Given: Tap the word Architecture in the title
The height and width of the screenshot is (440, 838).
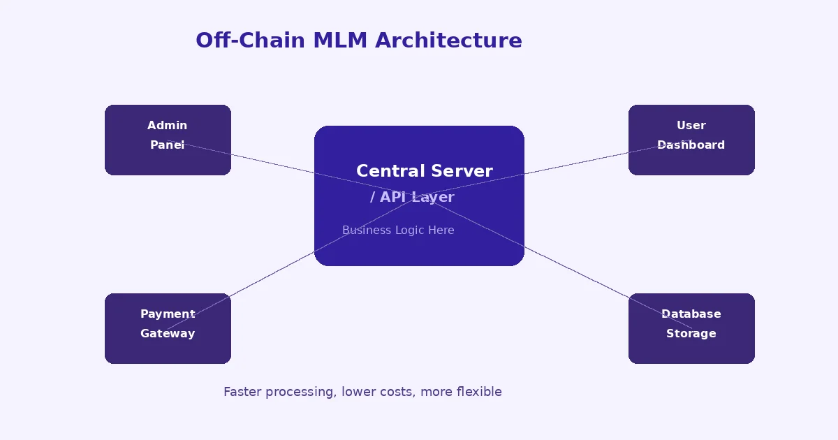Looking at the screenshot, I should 448,41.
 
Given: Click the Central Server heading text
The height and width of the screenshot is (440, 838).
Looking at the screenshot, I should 424,171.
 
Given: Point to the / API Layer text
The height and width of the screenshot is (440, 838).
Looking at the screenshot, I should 412,198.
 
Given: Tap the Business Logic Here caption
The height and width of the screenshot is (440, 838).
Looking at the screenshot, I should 398,230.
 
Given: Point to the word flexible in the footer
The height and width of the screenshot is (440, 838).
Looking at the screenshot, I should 479,392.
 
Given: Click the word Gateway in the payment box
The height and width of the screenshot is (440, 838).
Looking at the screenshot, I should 168,334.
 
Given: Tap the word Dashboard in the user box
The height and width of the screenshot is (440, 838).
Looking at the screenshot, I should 691,145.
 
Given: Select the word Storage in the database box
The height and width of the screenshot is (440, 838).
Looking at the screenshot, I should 691,334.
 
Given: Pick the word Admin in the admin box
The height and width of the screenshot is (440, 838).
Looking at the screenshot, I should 168,126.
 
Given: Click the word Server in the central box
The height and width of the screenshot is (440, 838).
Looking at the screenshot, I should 462,171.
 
